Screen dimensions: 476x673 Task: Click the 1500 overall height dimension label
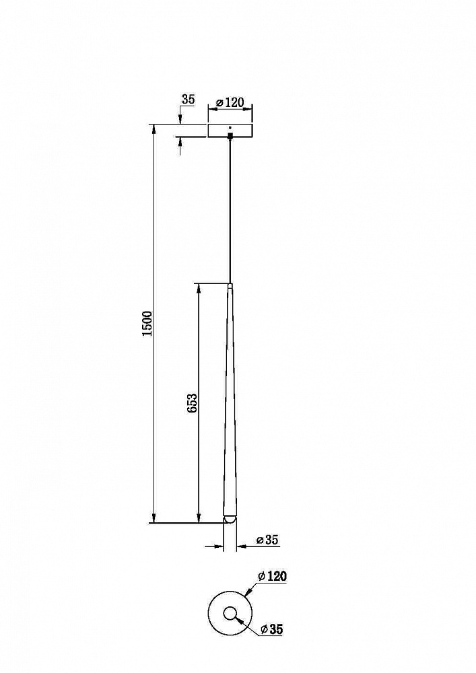point(147,324)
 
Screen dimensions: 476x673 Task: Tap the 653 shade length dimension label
point(193,403)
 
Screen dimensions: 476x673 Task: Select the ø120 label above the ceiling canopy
point(230,103)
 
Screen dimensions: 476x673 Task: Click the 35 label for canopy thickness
point(188,100)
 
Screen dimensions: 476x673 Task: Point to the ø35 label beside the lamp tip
point(267,540)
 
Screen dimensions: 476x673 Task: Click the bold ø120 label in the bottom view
point(272,576)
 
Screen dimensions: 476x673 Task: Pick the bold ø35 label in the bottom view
point(272,629)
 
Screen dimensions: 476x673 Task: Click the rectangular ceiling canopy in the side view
point(230,131)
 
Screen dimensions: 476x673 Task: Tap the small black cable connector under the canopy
point(230,136)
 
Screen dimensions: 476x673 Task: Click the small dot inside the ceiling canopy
point(230,127)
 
